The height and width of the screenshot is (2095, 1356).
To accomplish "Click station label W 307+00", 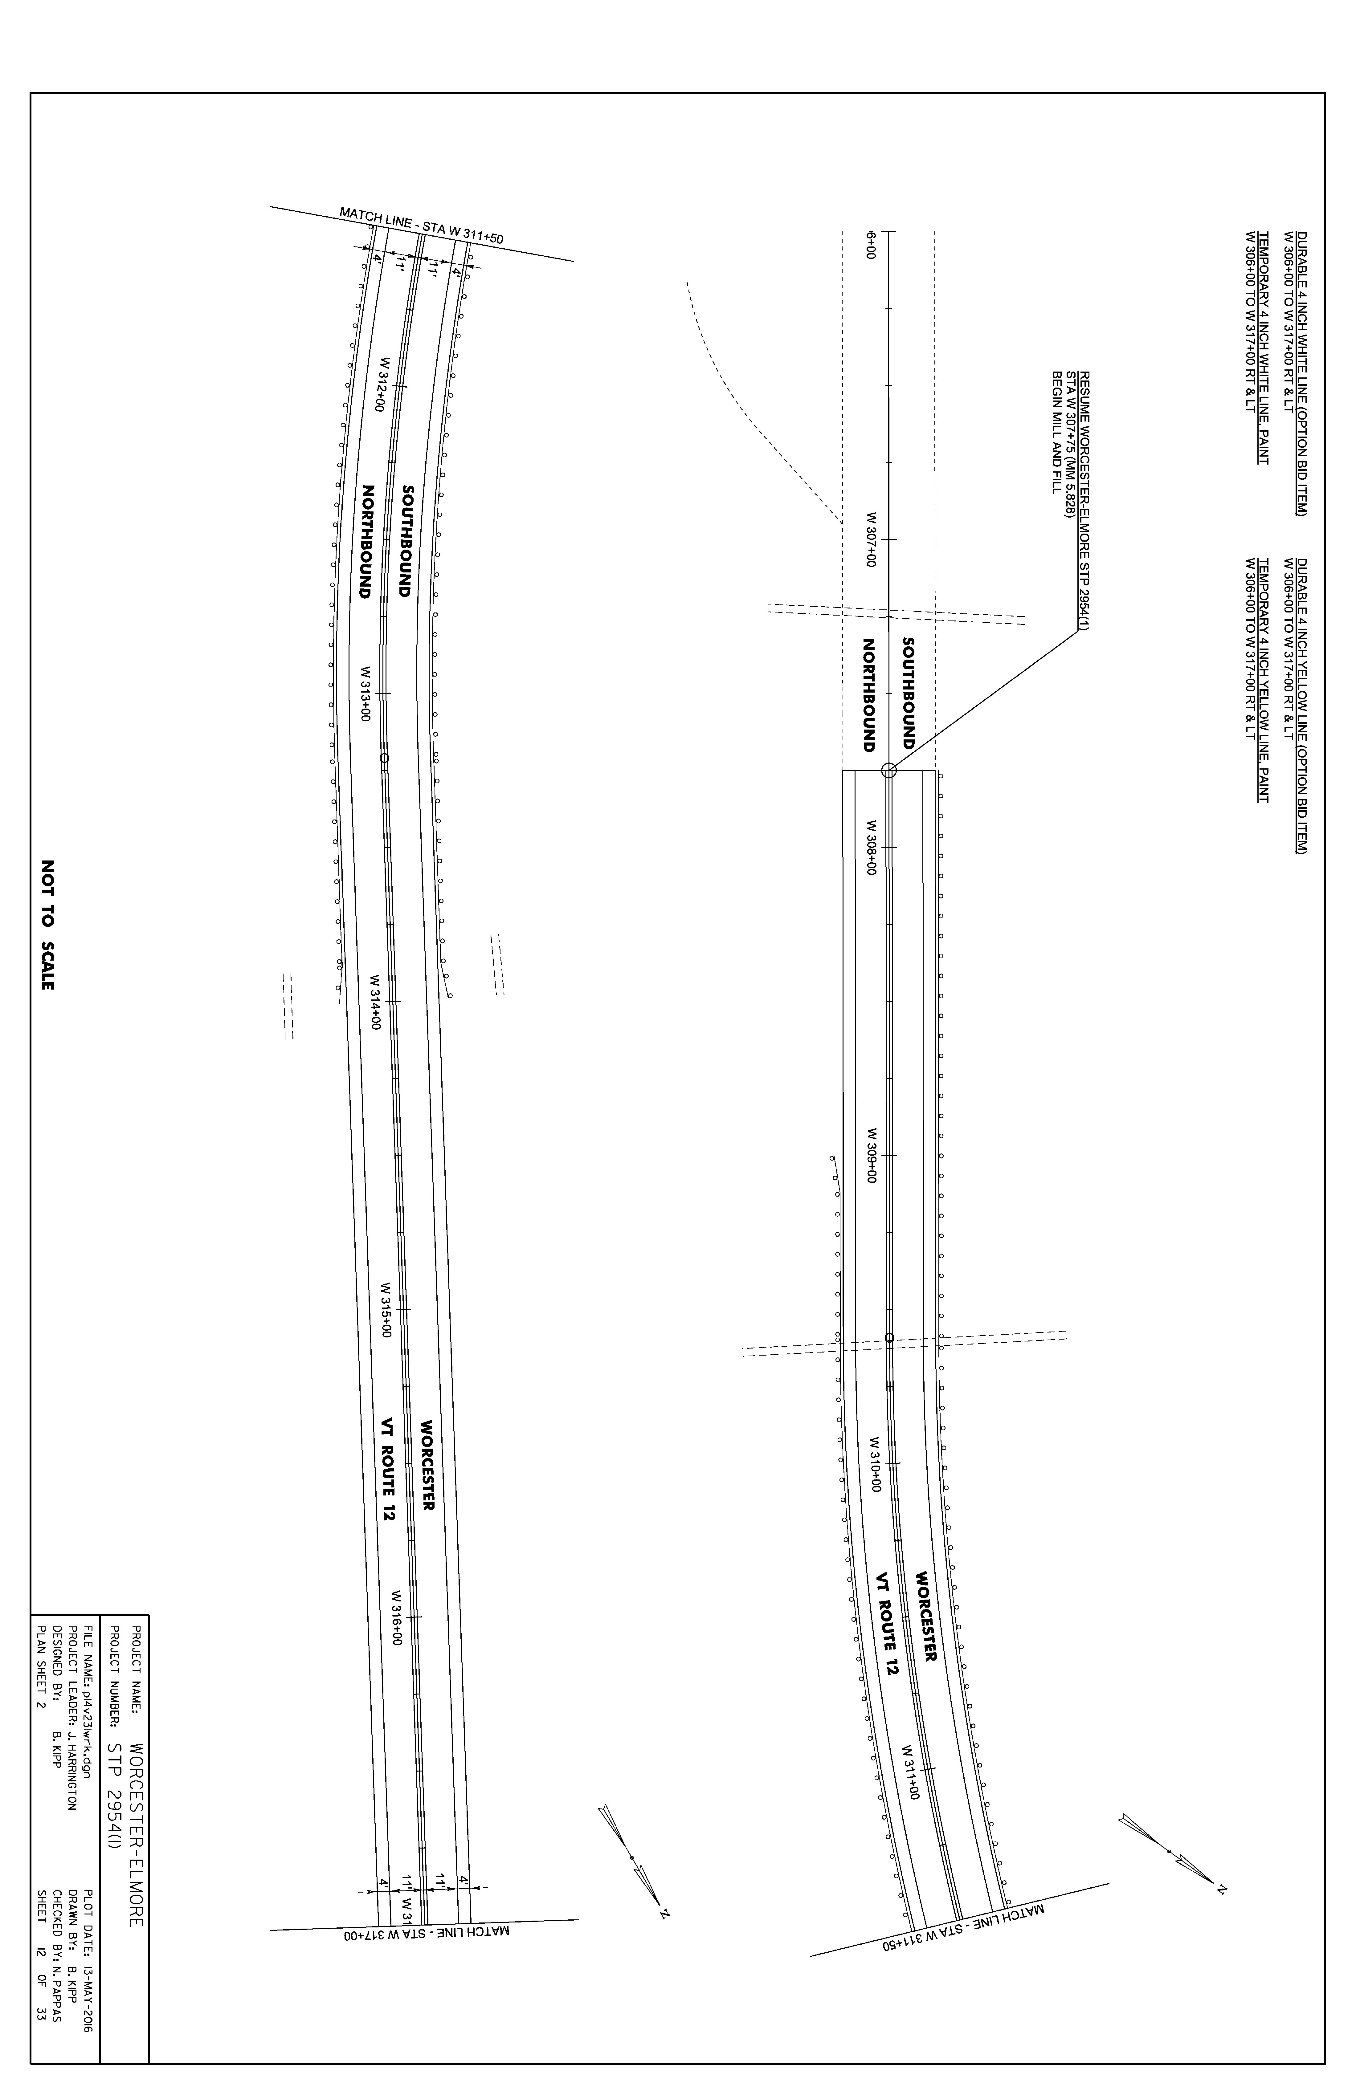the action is (x=872, y=539).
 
